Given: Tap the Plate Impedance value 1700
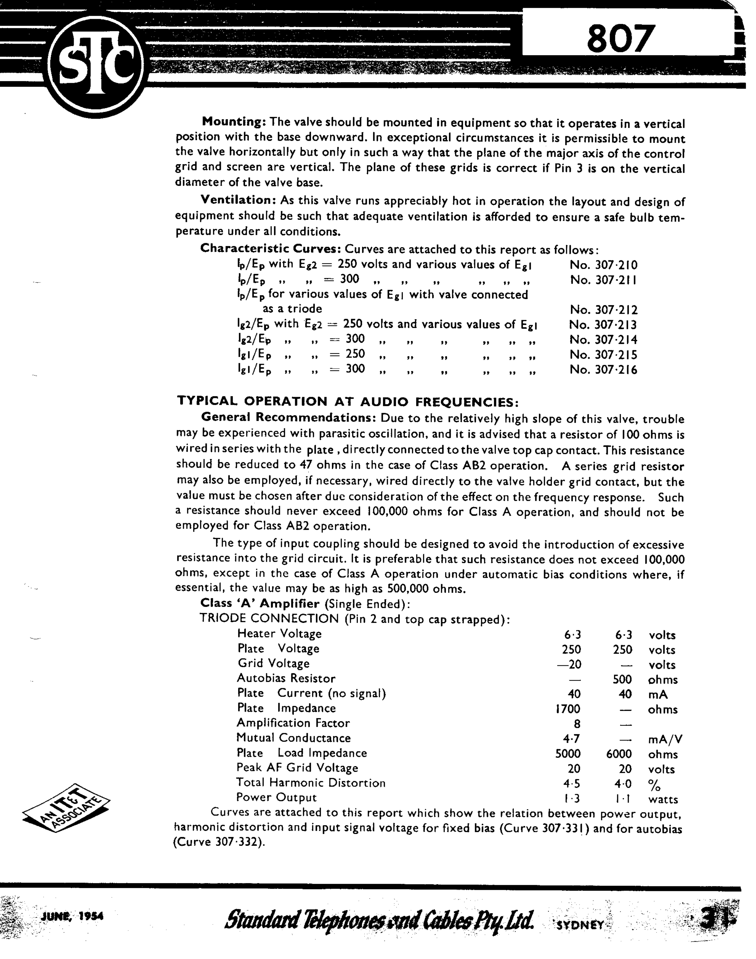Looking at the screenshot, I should [568, 709].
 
